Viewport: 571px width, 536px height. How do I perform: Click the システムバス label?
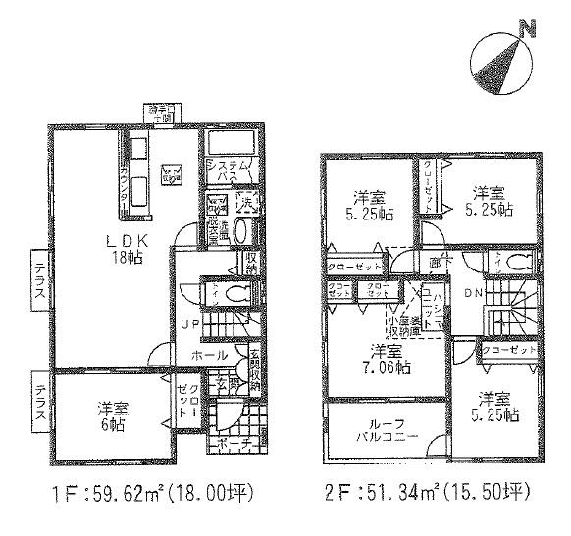click(x=232, y=171)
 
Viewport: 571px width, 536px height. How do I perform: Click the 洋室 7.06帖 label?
click(x=385, y=360)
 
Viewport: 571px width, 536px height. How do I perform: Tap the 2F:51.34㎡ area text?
click(x=427, y=492)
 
